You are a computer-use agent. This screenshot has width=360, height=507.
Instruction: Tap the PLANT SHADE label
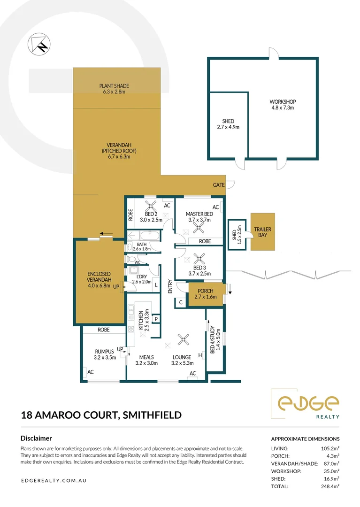click(x=114, y=89)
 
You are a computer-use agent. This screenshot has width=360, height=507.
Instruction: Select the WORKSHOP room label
click(x=282, y=105)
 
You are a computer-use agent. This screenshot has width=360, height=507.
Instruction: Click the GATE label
click(x=219, y=185)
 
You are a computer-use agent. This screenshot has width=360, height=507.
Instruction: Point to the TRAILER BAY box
click(x=262, y=232)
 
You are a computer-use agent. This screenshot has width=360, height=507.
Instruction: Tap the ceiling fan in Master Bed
click(x=199, y=228)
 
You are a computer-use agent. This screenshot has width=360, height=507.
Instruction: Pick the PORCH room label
click(x=206, y=294)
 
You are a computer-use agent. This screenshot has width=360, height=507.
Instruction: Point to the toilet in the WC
click(x=132, y=259)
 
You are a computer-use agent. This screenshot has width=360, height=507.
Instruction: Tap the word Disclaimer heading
click(x=36, y=438)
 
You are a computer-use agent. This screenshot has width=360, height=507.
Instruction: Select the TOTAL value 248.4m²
click(x=329, y=486)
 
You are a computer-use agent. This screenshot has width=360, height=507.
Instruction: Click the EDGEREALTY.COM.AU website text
click(x=54, y=481)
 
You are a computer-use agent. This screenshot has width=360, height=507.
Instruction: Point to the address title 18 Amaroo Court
click(x=101, y=415)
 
